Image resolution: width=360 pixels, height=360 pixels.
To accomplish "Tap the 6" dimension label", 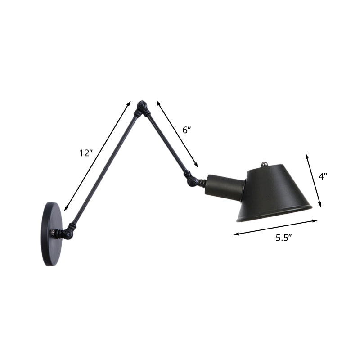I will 186,130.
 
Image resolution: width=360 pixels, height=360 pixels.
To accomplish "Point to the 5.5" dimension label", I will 284,238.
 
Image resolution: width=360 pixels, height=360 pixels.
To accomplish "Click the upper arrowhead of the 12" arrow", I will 129,103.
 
